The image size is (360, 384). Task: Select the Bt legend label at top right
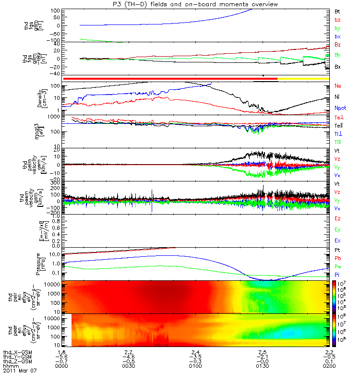pos(337,11)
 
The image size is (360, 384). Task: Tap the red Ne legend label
pos(338,85)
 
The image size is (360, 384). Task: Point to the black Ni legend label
pos(337,97)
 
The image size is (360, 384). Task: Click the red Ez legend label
pos(338,218)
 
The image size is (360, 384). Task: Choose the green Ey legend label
pos(338,229)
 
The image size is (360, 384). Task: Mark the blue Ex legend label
pos(338,240)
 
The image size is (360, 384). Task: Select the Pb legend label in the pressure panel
pos(338,259)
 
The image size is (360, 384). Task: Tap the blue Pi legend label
pos(337,275)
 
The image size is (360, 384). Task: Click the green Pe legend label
pos(338,267)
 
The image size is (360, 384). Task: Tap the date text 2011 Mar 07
pos(20,371)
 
